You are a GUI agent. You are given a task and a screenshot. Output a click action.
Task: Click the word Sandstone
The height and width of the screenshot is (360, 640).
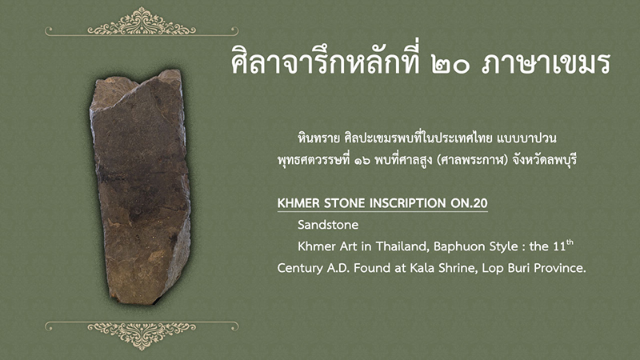[x=328, y=225]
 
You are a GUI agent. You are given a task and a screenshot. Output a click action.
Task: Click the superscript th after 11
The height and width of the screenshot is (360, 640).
[x=570, y=243]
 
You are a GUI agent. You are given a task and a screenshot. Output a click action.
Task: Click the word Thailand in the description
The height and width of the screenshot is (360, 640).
[x=402, y=246]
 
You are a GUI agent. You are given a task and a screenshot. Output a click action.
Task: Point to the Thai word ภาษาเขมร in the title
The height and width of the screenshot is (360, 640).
[x=546, y=64]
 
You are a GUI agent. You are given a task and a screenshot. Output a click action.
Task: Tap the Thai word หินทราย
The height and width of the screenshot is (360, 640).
[x=318, y=138]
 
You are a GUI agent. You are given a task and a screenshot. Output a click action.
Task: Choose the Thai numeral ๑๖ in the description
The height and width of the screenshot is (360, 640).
[x=362, y=160]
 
